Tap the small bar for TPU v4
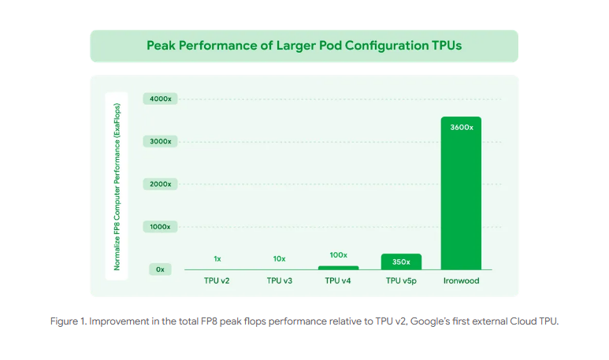click(x=339, y=268)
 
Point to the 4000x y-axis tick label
click(x=161, y=98)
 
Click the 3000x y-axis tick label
click(x=161, y=141)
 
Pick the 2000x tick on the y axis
click(x=161, y=184)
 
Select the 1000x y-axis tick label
click(x=161, y=226)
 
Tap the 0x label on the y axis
click(x=160, y=269)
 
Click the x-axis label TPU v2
click(x=217, y=280)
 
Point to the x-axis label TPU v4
click(x=339, y=280)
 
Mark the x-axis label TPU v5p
click(x=401, y=280)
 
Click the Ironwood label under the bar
click(x=461, y=280)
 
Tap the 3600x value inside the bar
click(x=461, y=127)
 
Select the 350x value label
click(x=401, y=261)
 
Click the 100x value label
click(x=339, y=255)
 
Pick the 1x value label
click(x=217, y=258)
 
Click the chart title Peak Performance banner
click(x=304, y=46)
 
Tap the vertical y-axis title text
click(x=117, y=186)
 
